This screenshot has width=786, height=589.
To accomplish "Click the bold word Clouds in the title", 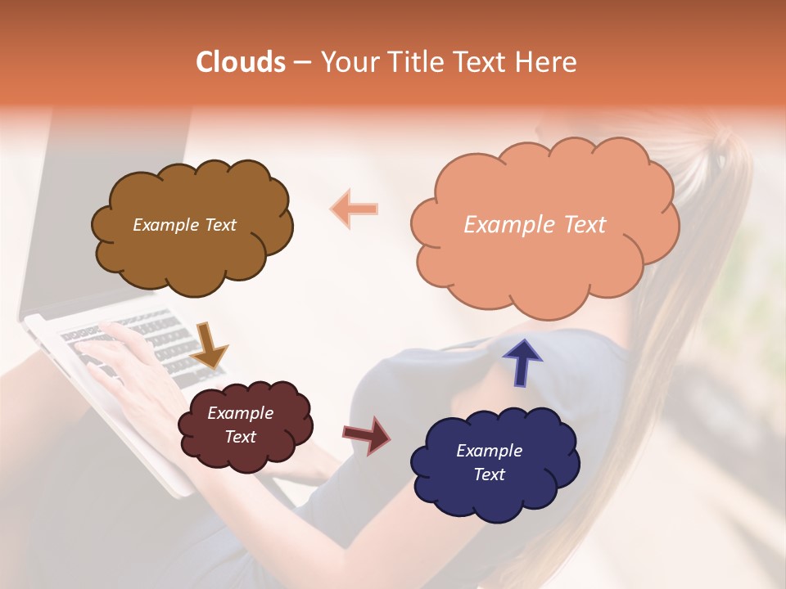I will pyautogui.click(x=241, y=62).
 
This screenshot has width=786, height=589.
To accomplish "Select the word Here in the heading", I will pyautogui.click(x=546, y=62).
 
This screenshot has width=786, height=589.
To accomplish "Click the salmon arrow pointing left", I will pyautogui.click(x=354, y=209).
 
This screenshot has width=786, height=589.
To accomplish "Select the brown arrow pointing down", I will pyautogui.click(x=209, y=344).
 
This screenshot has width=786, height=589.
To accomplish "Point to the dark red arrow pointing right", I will pyautogui.click(x=368, y=435).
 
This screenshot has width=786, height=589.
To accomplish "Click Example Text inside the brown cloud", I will pyautogui.click(x=184, y=225).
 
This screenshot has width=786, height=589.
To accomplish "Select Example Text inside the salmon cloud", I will pyautogui.click(x=535, y=225).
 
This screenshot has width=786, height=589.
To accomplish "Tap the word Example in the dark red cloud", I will pyautogui.click(x=240, y=413).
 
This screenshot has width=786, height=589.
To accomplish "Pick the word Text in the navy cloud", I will pyautogui.click(x=489, y=474).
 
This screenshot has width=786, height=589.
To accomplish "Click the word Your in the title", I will pyautogui.click(x=347, y=62).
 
